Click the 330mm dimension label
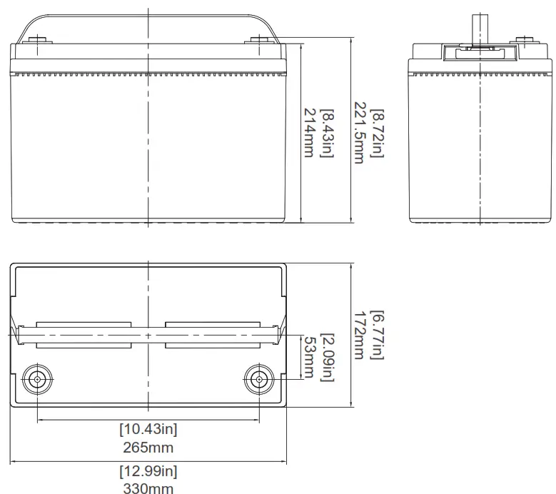tap(148, 488)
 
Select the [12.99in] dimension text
tap(148, 471)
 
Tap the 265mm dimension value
tap(148, 447)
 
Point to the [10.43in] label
tap(148, 430)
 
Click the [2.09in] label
tap(327, 358)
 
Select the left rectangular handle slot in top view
tap(84, 334)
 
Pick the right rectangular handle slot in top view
tap(212, 334)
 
